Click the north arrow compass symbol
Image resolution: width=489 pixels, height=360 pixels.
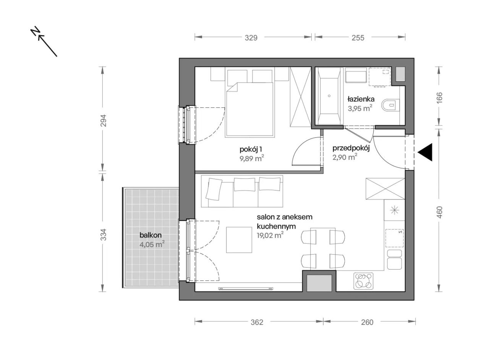click(x=44, y=42)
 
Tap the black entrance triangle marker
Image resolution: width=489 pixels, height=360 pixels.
click(x=425, y=152)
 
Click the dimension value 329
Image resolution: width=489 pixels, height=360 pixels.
click(x=251, y=38)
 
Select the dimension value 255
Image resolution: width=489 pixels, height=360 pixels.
click(x=358, y=38)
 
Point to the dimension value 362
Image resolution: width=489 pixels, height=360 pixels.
click(x=257, y=322)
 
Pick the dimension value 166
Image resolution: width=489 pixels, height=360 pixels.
click(x=440, y=97)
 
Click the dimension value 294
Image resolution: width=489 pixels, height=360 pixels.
click(x=104, y=120)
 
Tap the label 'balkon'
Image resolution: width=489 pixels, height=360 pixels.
click(x=151, y=235)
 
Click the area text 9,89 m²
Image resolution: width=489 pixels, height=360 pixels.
click(x=252, y=158)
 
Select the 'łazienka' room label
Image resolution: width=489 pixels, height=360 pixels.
click(x=361, y=99)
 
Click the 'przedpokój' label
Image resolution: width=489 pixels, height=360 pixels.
click(x=351, y=149)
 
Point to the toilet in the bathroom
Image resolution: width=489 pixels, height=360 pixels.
click(x=390, y=105)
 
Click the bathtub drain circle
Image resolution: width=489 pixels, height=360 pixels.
click(x=329, y=96)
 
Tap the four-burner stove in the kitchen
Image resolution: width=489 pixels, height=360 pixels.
click(x=363, y=281)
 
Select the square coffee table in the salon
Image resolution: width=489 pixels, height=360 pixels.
click(x=239, y=240)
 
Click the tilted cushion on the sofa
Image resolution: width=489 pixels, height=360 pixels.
click(x=214, y=189)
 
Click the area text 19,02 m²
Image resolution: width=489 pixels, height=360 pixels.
click(x=270, y=236)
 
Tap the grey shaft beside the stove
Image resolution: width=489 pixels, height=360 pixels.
click(x=319, y=283)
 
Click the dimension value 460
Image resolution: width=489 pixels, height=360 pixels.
click(x=440, y=212)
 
